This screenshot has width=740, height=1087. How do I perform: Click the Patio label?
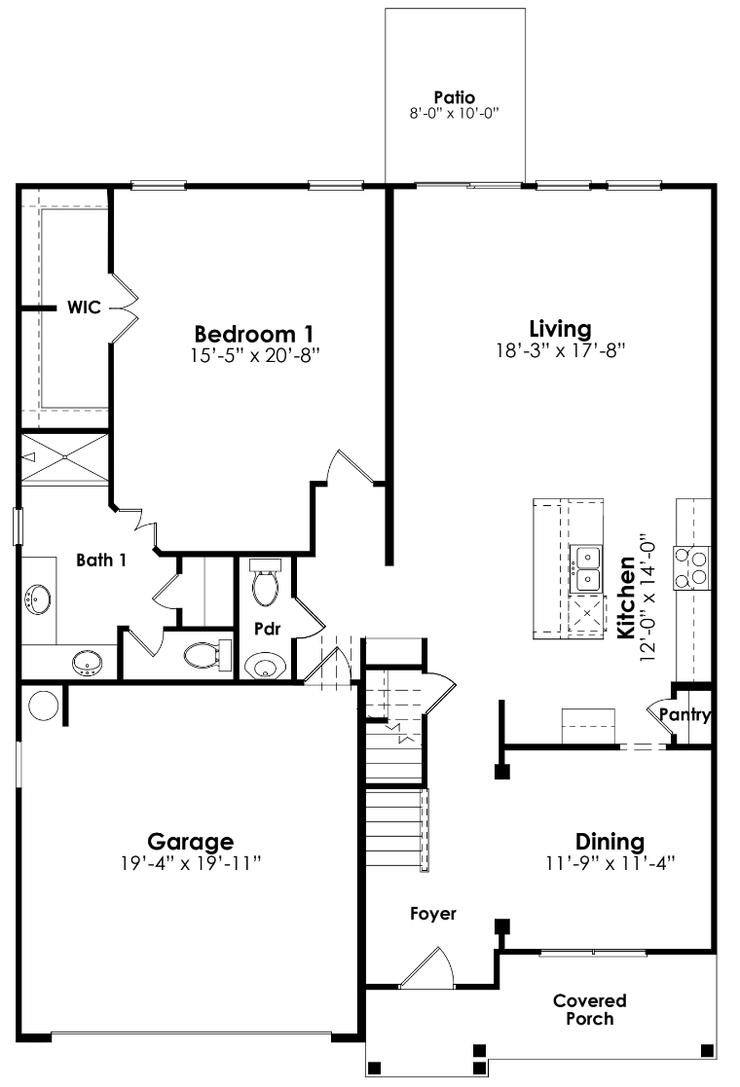[x=455, y=97]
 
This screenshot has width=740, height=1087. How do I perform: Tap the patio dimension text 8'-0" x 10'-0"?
[x=455, y=113]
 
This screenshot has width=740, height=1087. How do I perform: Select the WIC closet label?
[x=84, y=308]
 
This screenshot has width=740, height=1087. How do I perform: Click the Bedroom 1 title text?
[x=255, y=334]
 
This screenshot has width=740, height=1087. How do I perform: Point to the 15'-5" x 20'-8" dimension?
[x=255, y=356]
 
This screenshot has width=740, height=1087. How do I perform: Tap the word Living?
[x=560, y=328]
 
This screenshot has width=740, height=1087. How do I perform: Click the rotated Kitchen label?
[x=626, y=598]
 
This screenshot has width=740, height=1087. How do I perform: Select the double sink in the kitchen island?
[x=587, y=568]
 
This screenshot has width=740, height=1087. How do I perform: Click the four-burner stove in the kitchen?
[x=698, y=567]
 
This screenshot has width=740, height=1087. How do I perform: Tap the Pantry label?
[x=685, y=715]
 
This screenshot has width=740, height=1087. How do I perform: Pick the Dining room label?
[x=610, y=842]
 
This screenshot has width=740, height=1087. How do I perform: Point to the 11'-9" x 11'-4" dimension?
[x=610, y=862]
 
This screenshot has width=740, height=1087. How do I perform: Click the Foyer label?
[x=433, y=914]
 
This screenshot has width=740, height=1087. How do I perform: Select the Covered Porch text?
[x=590, y=1009]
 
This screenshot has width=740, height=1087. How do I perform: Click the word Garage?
[x=190, y=841]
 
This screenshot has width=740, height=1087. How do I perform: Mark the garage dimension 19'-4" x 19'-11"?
[x=191, y=863]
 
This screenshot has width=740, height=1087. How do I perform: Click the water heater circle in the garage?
[x=44, y=706]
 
